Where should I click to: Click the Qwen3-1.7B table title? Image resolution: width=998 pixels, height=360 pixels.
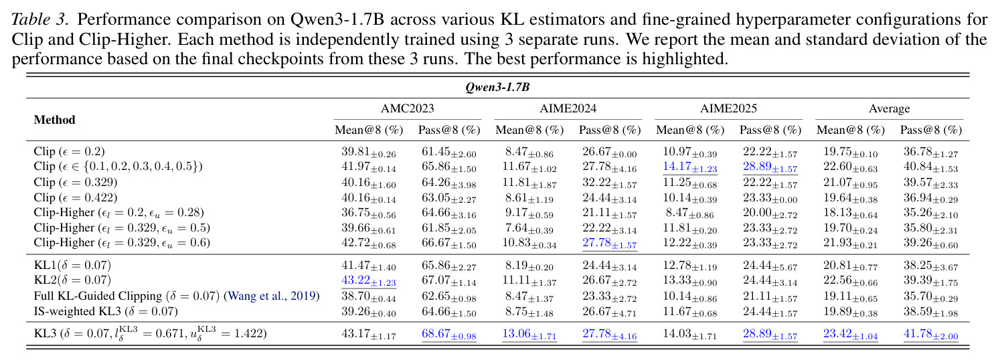[x=497, y=87]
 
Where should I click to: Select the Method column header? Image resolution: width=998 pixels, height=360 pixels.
[x=54, y=120]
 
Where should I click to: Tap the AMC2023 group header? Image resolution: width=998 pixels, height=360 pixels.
[x=407, y=108]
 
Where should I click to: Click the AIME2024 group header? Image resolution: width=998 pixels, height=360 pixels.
[x=568, y=108]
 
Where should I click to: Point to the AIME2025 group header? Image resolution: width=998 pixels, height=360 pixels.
[x=728, y=108]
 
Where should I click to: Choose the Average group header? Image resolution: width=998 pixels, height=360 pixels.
[x=890, y=108]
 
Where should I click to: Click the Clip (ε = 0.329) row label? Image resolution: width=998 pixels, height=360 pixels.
[x=76, y=182]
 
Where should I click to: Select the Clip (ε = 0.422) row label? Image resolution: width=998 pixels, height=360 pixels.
[x=76, y=197]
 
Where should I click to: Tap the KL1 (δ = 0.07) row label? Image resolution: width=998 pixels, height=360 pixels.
[x=72, y=265]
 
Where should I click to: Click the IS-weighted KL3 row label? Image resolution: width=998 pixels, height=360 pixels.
[x=106, y=311]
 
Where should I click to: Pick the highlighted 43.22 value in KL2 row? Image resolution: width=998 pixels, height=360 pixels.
[x=368, y=280]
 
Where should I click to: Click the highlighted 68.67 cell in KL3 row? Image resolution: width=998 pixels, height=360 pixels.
[x=449, y=334]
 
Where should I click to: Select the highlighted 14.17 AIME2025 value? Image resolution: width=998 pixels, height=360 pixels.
[x=689, y=167]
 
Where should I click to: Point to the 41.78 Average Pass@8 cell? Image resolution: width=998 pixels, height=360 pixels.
[x=930, y=334]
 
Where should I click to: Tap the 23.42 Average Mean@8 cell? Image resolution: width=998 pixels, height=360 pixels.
[x=851, y=334]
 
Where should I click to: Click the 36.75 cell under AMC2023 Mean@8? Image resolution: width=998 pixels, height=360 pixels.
[x=368, y=213]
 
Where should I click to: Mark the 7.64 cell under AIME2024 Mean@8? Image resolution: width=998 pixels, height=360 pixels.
[x=529, y=228]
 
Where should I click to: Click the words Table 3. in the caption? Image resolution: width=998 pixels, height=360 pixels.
[x=39, y=19]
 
